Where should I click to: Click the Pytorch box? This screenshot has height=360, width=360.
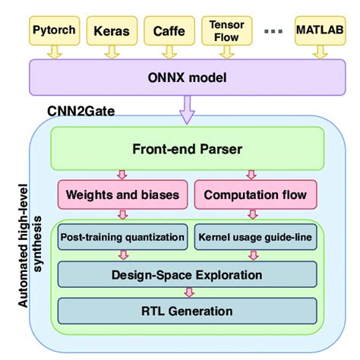pos(54,31)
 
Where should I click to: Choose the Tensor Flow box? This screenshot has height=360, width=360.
pos(227,30)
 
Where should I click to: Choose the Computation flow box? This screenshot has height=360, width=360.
pos(255,195)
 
